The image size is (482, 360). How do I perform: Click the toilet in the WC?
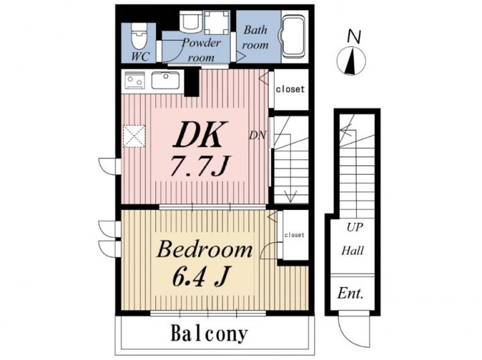pyautogui.click(x=139, y=37)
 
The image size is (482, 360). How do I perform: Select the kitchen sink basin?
pyautogui.click(x=165, y=80)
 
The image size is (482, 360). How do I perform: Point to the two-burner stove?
pyautogui.click(x=135, y=80)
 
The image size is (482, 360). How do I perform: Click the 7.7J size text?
pyautogui.click(x=199, y=166)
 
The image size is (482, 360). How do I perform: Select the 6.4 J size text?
pyautogui.click(x=201, y=276)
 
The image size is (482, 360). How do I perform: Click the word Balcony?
pyautogui.click(x=209, y=334)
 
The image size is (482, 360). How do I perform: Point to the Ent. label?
pyautogui.click(x=350, y=293)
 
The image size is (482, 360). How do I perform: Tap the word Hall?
pyautogui.click(x=353, y=251)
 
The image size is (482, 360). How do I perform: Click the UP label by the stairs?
pyautogui.click(x=354, y=228)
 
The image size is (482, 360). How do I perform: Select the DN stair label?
pyautogui.click(x=257, y=135)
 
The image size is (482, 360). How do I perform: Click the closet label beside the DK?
pyautogui.click(x=290, y=90)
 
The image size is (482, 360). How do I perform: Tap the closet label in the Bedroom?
pyautogui.click(x=294, y=235)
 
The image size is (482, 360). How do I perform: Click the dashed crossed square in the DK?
pyautogui.click(x=134, y=136)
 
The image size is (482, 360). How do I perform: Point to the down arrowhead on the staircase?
pyautogui.click(x=290, y=196)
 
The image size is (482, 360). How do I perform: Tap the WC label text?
pyautogui.click(x=140, y=56)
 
